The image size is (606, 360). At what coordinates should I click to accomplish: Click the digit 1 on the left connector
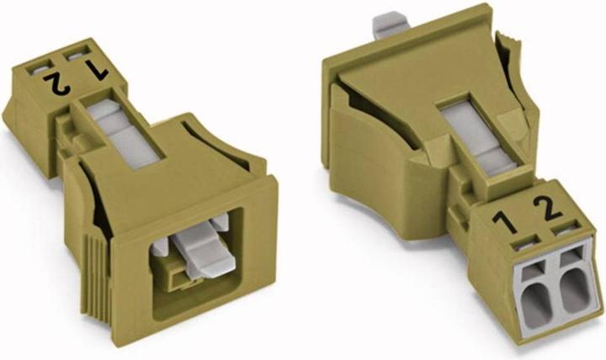click(x=97, y=71)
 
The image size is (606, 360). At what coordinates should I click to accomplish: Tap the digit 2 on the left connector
click(x=57, y=83)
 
